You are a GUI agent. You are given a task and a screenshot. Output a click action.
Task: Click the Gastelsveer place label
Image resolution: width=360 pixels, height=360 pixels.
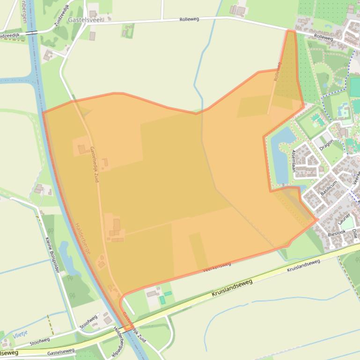point(85,20)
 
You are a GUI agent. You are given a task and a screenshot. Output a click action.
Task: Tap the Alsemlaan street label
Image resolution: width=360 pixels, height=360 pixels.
point(294,161)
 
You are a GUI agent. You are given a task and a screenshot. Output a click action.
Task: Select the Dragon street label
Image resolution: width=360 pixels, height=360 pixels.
point(327,145)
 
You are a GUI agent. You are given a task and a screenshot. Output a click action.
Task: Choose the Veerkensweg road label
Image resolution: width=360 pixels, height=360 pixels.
point(217,267)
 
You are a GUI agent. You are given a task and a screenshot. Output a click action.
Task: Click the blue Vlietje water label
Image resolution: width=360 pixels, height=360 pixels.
point(20,333)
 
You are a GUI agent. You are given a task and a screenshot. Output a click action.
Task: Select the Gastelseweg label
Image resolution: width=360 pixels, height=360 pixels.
point(61,351)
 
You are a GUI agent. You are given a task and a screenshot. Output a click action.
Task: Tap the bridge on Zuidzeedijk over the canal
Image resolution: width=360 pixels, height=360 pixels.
point(32,33)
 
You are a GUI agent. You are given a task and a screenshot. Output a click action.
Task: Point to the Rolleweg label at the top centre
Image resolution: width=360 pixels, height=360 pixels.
point(190,19)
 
